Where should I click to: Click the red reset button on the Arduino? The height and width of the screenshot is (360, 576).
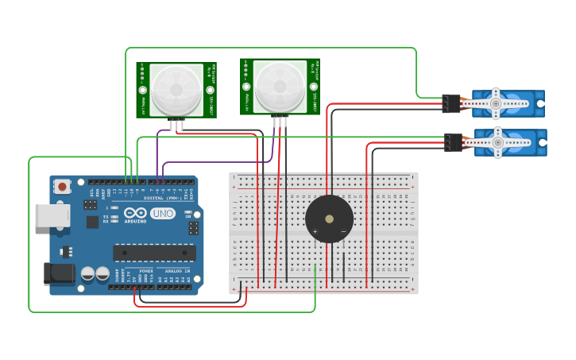[x=62, y=187]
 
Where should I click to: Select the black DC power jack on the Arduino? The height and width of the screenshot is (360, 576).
[x=60, y=274]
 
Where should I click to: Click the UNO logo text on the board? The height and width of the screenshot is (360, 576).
[x=163, y=214]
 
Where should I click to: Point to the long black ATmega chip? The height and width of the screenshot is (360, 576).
[x=154, y=253]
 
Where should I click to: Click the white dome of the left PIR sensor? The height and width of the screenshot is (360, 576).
[x=176, y=89]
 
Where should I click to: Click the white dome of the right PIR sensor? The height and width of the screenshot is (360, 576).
[x=280, y=86]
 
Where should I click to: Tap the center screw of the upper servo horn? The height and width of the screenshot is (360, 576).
[x=496, y=103]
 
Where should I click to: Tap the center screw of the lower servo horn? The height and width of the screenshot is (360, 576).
[x=497, y=142]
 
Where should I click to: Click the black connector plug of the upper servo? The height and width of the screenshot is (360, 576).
[x=450, y=103]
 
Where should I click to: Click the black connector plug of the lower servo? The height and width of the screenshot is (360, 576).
[x=453, y=142]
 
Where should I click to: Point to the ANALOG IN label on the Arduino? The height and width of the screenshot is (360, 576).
[x=176, y=271]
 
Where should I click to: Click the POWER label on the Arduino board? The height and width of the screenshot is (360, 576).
[x=147, y=271]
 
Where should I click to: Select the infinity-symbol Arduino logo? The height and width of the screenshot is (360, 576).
[x=135, y=213]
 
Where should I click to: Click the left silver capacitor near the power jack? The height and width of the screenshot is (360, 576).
[x=88, y=274]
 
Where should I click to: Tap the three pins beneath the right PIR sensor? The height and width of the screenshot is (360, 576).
[x=280, y=121]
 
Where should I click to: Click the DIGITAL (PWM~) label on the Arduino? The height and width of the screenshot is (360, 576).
[x=163, y=197]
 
